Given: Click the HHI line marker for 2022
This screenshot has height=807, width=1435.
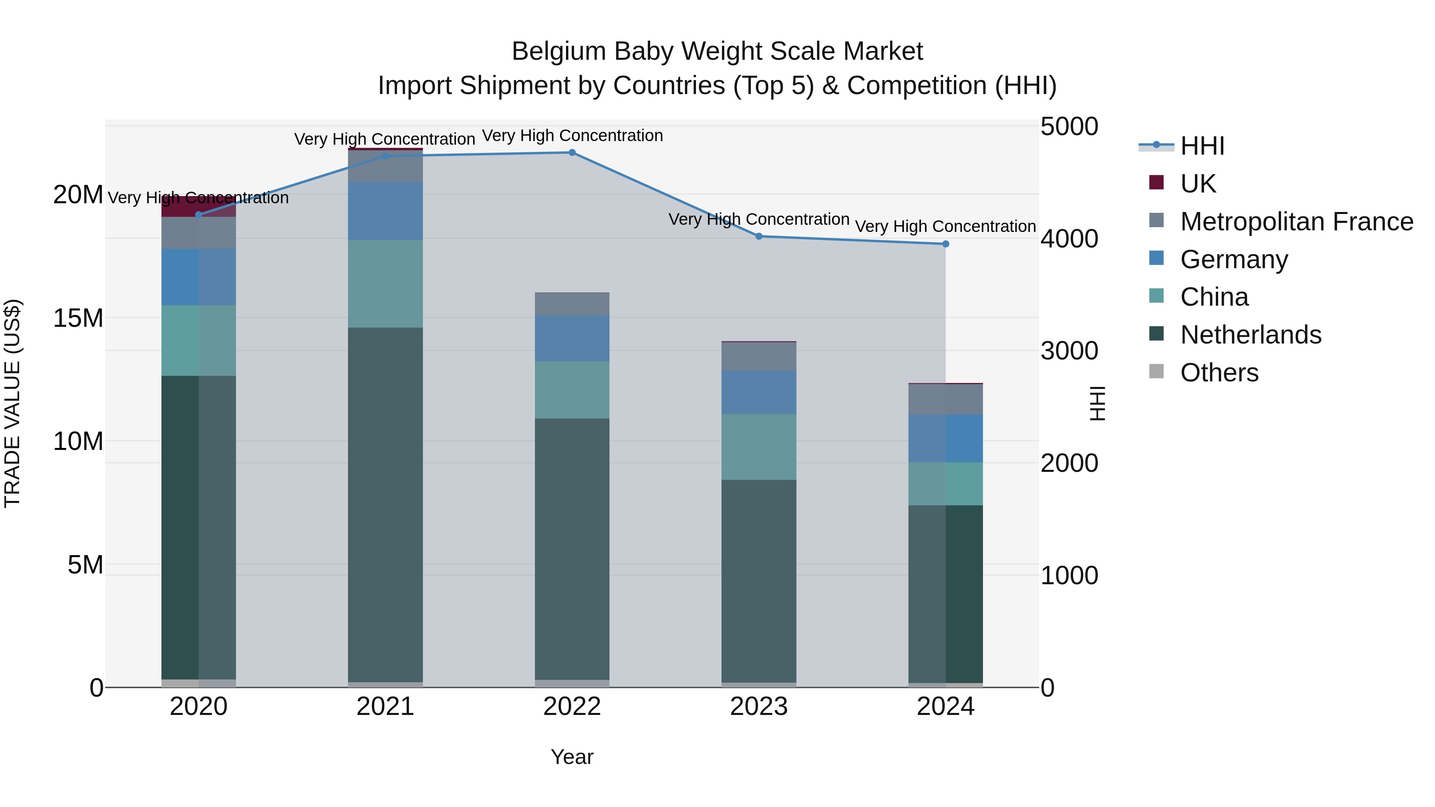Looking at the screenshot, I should [572, 153].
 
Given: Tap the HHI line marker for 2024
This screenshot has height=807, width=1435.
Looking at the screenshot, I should [946, 244].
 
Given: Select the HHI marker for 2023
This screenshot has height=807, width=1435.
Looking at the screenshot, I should [759, 236].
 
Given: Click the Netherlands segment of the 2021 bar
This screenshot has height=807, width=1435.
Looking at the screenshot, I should [385, 504].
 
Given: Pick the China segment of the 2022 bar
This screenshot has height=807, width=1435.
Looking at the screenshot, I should [572, 390].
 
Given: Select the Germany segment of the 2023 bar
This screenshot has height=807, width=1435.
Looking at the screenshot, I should [759, 393].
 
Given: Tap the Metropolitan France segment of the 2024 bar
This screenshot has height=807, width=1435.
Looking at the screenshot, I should [946, 399].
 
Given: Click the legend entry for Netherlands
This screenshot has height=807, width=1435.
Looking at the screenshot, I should [1250, 335].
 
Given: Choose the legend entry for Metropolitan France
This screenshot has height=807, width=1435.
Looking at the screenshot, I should [1296, 222].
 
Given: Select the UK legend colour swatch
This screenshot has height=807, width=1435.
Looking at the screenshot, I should [1156, 183].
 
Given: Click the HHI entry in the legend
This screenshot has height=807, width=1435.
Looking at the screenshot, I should [1202, 146].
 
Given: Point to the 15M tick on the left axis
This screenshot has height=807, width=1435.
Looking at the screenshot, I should [78, 318].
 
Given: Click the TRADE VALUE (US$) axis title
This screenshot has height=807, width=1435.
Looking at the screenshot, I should [12, 404].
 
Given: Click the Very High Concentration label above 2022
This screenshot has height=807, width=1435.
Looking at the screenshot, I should [572, 135].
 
